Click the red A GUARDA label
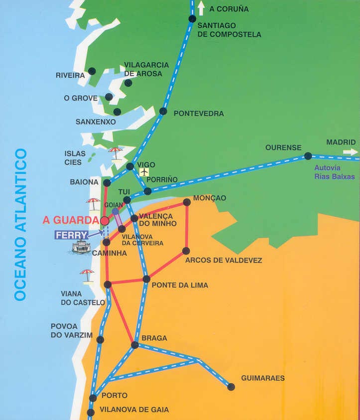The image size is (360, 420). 71,220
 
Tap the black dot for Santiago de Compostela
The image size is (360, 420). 192,19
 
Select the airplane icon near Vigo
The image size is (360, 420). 144,172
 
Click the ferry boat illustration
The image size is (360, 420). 81,247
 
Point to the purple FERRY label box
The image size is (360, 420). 72,234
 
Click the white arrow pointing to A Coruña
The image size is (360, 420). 201,8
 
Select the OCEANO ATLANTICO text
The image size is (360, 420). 20,224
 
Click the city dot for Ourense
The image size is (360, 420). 308,156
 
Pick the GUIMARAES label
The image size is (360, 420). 263,378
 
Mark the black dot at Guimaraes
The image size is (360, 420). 231,387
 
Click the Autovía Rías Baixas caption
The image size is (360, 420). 335,172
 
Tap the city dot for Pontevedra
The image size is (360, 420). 163,111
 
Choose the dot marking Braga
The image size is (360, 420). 134,345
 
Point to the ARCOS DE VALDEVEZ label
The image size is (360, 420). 223,260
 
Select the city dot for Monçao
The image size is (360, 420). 187,202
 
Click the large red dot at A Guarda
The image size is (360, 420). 105,221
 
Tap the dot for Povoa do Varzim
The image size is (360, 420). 100,340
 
